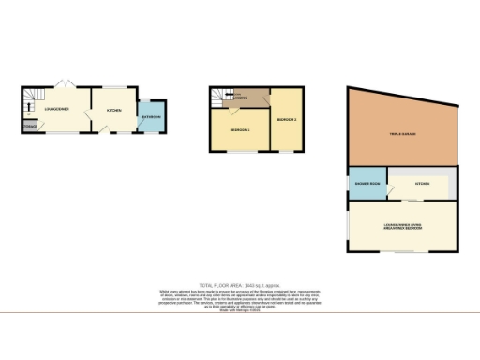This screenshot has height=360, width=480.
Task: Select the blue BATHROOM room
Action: [x=151, y=117]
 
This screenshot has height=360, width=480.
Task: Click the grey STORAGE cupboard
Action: [x=31, y=124]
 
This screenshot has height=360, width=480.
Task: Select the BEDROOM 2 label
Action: [x=287, y=119]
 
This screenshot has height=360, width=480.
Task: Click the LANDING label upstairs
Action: [x=241, y=98]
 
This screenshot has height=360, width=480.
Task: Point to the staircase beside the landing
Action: [x=219, y=96]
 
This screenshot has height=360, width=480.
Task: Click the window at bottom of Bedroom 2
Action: [x=287, y=151]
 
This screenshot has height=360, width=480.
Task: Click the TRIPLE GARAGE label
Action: [x=403, y=135]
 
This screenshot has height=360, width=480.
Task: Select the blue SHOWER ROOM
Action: [x=367, y=184]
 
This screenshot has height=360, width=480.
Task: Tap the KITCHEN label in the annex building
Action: [x=422, y=184]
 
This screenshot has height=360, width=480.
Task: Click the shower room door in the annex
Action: [x=367, y=201]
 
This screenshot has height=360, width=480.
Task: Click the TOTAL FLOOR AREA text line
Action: [x=240, y=283]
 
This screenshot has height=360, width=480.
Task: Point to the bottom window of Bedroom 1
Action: [x=240, y=151]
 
